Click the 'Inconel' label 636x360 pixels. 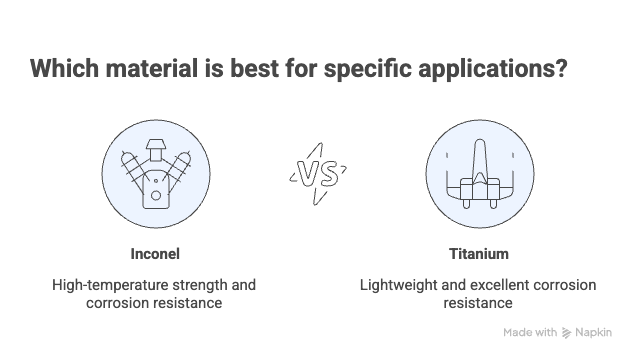154,253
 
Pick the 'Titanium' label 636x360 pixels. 478,253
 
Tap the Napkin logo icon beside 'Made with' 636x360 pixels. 566,332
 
